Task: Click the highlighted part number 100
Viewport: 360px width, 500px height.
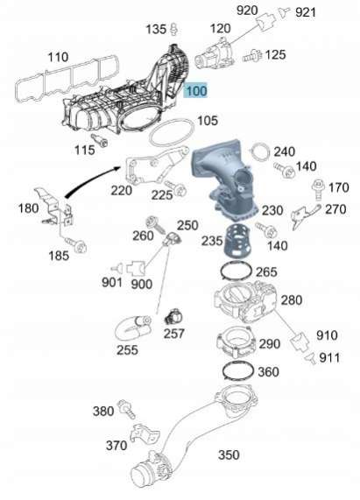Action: pos(196,91)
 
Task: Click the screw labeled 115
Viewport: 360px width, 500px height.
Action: pos(100,140)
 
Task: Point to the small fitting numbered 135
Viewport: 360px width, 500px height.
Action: pos(173,29)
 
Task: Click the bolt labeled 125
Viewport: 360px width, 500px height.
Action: pos(252,56)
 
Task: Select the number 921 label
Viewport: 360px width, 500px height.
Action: pos(306,12)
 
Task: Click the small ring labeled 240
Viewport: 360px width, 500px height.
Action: pos(261,152)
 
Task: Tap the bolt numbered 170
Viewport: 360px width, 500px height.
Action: pos(318,188)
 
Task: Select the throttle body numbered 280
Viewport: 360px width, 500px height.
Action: pos(245,301)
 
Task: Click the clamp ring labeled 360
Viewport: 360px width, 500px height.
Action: pos(237,371)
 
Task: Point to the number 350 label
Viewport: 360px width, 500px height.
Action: pos(229,454)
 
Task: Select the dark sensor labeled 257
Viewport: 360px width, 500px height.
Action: pos(173,317)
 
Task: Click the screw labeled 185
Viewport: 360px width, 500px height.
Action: pos(75,244)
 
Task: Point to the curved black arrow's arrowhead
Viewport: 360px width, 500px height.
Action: pos(116,169)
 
